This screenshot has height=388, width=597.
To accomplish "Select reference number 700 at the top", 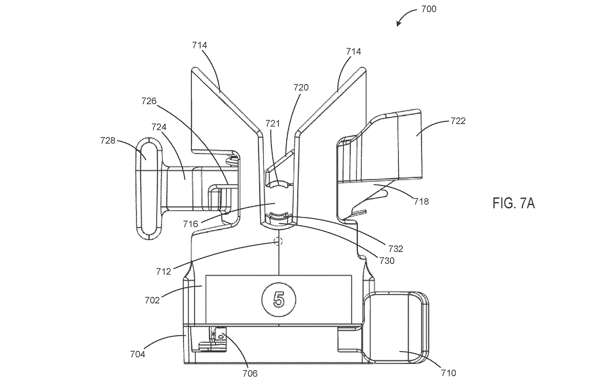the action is (429, 9).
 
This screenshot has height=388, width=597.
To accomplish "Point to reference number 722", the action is (458, 121).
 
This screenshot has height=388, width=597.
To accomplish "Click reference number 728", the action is (108, 140).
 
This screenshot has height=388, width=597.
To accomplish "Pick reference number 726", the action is (149, 101).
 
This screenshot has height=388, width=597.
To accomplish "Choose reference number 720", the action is (301, 87).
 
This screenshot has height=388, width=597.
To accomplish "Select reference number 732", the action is (396, 248).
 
